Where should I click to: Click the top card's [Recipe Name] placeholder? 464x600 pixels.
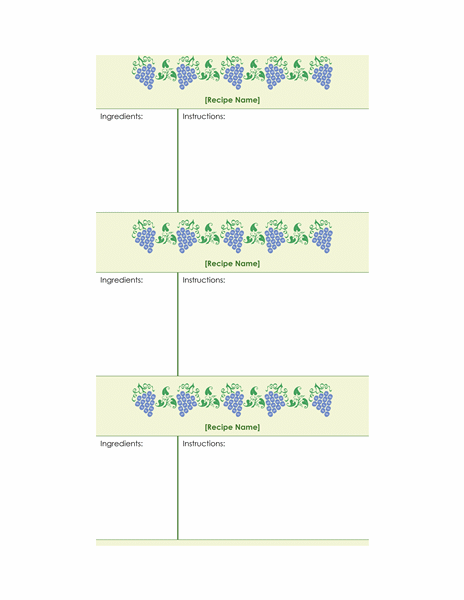[232, 100]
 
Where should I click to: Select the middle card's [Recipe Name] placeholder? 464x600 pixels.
[232, 264]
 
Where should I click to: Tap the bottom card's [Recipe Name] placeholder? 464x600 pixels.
[232, 427]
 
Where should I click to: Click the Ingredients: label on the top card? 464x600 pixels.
[121, 117]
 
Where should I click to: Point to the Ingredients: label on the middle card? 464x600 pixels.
[121, 280]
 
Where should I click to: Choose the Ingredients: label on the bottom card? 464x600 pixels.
[121, 444]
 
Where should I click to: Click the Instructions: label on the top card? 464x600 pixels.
[204, 116]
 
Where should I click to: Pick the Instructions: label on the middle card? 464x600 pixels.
[204, 280]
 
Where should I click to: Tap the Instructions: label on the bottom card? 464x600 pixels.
[204, 443]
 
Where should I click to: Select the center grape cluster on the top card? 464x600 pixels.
[233, 73]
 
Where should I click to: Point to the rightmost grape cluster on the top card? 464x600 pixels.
[322, 73]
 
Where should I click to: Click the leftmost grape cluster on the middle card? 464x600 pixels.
[145, 237]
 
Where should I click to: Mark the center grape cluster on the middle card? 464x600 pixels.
[233, 237]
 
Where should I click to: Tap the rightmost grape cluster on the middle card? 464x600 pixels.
[322, 237]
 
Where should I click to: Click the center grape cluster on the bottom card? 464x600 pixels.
[233, 400]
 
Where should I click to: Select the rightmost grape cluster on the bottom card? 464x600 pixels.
[322, 400]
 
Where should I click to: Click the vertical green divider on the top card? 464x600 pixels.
[178, 161]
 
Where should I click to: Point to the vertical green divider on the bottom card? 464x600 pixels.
[178, 488]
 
